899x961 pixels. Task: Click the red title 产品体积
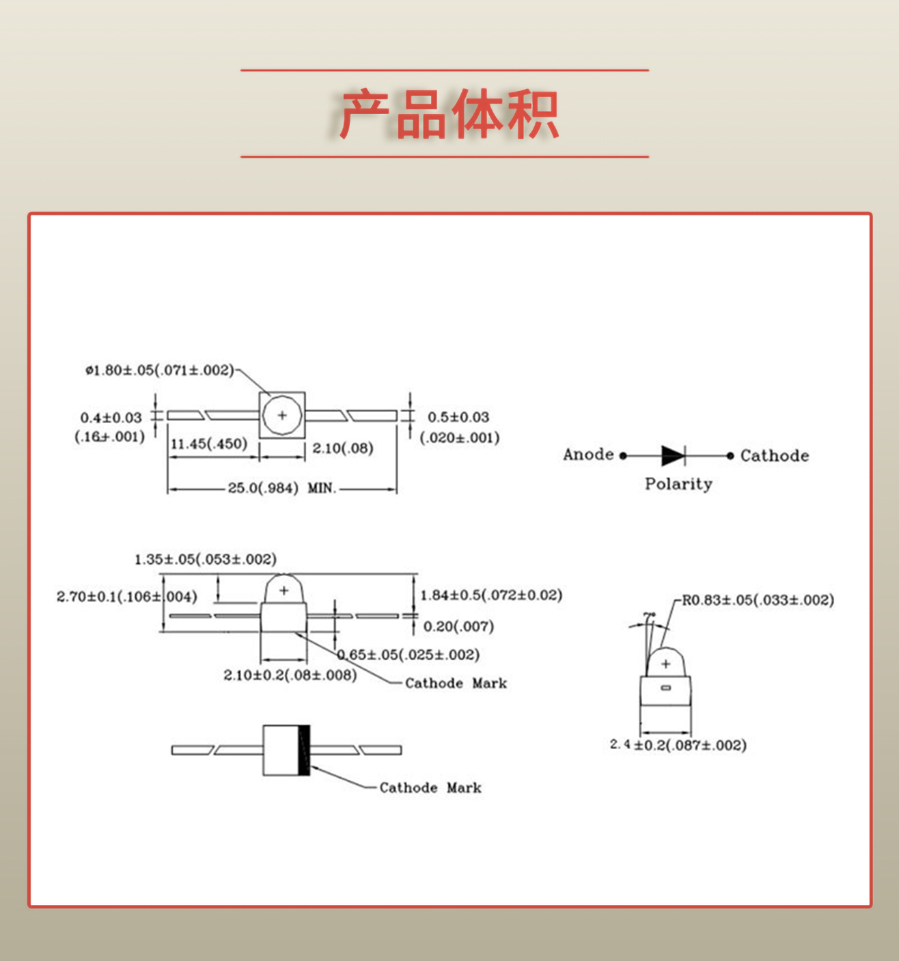click(x=449, y=114)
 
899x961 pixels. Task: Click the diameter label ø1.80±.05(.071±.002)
click(x=159, y=370)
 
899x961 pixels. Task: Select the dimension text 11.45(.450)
click(x=209, y=444)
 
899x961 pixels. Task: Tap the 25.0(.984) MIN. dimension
click(x=281, y=488)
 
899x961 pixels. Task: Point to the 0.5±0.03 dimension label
click(x=458, y=417)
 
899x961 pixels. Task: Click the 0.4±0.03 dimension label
click(x=111, y=418)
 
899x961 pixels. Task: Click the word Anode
click(x=588, y=455)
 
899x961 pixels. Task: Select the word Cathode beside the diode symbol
click(x=775, y=456)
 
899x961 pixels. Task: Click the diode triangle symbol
click(x=672, y=455)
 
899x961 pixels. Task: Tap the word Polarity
click(x=678, y=484)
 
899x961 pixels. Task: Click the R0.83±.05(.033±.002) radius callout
click(x=758, y=600)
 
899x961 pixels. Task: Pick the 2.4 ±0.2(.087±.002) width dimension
click(x=678, y=745)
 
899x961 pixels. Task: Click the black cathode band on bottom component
click(x=304, y=750)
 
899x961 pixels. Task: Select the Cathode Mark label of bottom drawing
click(x=430, y=788)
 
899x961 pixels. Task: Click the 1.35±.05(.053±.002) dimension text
click(x=205, y=559)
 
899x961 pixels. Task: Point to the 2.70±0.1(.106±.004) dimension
click(x=126, y=597)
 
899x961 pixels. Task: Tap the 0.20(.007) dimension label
click(x=458, y=626)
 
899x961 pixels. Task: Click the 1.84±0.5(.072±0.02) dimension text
click(x=491, y=595)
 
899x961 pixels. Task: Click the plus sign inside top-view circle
click(x=282, y=415)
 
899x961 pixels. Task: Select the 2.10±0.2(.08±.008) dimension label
click(x=290, y=675)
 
